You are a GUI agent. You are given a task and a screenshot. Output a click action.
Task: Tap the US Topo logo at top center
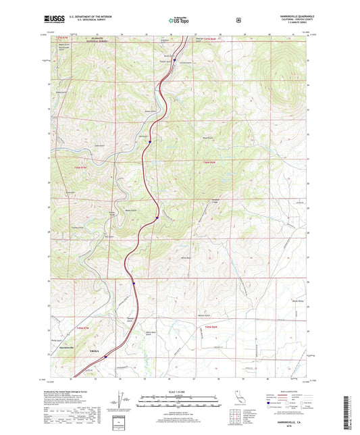pos(179,20)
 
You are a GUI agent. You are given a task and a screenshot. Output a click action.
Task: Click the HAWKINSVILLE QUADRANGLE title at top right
pos(290,16)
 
